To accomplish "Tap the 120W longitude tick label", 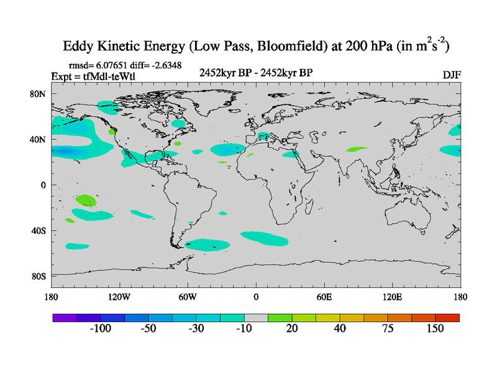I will tap(119, 296).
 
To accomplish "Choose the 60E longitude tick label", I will tap(324, 296).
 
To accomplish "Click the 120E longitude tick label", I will tap(393, 296).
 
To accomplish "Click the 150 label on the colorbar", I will tap(435, 329).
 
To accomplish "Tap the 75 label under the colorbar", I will tap(387, 329).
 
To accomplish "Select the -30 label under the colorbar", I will tap(196, 329).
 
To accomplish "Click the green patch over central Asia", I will tap(357, 149).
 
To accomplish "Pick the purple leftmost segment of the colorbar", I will tap(64, 317).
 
